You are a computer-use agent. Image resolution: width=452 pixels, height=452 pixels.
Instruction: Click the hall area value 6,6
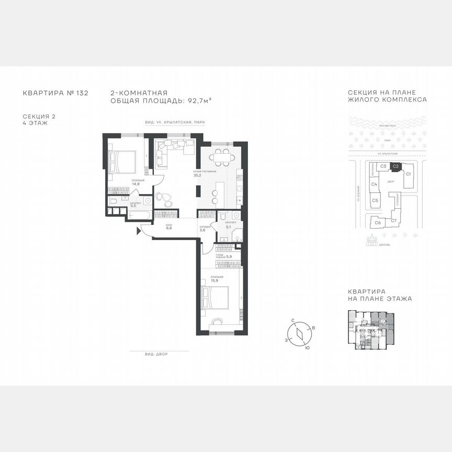(169, 229)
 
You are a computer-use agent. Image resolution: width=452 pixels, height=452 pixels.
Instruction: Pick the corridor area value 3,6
(202, 229)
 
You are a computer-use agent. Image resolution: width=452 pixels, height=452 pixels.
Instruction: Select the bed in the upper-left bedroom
(123, 161)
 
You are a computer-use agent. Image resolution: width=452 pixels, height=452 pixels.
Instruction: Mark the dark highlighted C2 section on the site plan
(396, 166)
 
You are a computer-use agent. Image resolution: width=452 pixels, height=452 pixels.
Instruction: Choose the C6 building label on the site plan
(378, 222)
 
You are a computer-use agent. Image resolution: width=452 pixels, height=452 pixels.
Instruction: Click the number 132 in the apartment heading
(82, 94)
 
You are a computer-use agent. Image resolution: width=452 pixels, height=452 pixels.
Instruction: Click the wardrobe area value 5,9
(229, 257)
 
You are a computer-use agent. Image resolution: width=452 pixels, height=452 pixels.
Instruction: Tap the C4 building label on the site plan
(375, 184)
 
